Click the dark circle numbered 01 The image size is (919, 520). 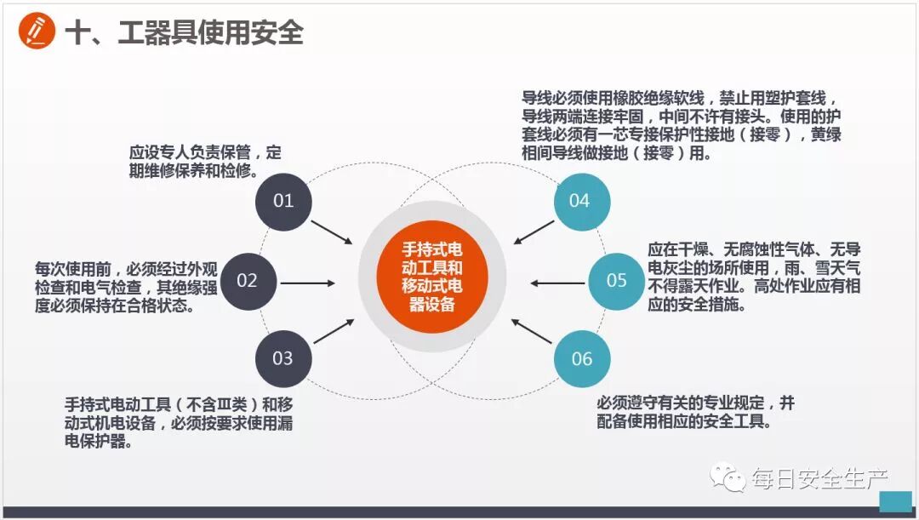[283, 201]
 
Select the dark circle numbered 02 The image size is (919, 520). [247, 281]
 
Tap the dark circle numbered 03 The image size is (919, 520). [283, 358]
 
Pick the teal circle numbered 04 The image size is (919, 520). [580, 201]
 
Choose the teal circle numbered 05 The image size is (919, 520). [617, 281]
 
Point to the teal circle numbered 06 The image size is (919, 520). [582, 358]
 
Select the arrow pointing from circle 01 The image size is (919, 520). [332, 232]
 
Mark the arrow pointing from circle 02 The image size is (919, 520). [307, 283]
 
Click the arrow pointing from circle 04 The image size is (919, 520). [534, 232]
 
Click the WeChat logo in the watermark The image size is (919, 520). [729, 477]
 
